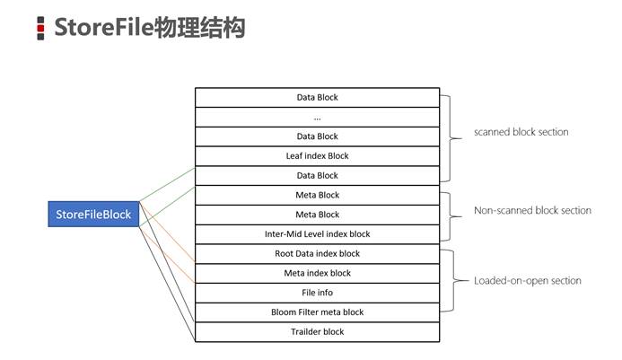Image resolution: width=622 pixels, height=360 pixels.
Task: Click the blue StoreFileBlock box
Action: tap(93, 215)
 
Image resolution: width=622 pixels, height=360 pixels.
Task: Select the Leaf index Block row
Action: tap(318, 156)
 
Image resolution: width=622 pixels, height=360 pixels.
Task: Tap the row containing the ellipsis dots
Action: tap(318, 117)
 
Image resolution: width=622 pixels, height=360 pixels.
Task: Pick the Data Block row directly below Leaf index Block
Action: tap(318, 175)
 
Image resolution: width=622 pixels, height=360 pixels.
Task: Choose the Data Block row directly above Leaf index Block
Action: tap(318, 136)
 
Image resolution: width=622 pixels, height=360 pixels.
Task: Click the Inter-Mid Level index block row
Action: tap(318, 234)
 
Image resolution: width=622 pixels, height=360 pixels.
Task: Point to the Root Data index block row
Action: tap(318, 254)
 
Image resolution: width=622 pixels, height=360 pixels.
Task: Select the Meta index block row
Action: tap(318, 273)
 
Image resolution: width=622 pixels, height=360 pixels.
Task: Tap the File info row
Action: tap(318, 293)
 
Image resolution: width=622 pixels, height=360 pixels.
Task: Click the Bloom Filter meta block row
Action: tap(318, 312)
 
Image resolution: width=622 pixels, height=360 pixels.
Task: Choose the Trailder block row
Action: tap(318, 332)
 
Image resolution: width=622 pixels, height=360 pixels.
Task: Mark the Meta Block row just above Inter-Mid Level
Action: tap(318, 215)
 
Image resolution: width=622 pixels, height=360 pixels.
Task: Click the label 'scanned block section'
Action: tap(521, 132)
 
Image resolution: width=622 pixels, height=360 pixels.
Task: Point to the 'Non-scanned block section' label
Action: tap(532, 210)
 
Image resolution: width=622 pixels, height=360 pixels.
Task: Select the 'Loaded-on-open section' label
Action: tap(527, 281)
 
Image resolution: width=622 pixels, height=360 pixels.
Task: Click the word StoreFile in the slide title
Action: tap(103, 28)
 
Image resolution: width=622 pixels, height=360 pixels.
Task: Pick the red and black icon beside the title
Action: tap(40, 28)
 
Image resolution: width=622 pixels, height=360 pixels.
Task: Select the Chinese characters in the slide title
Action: tap(198, 28)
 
